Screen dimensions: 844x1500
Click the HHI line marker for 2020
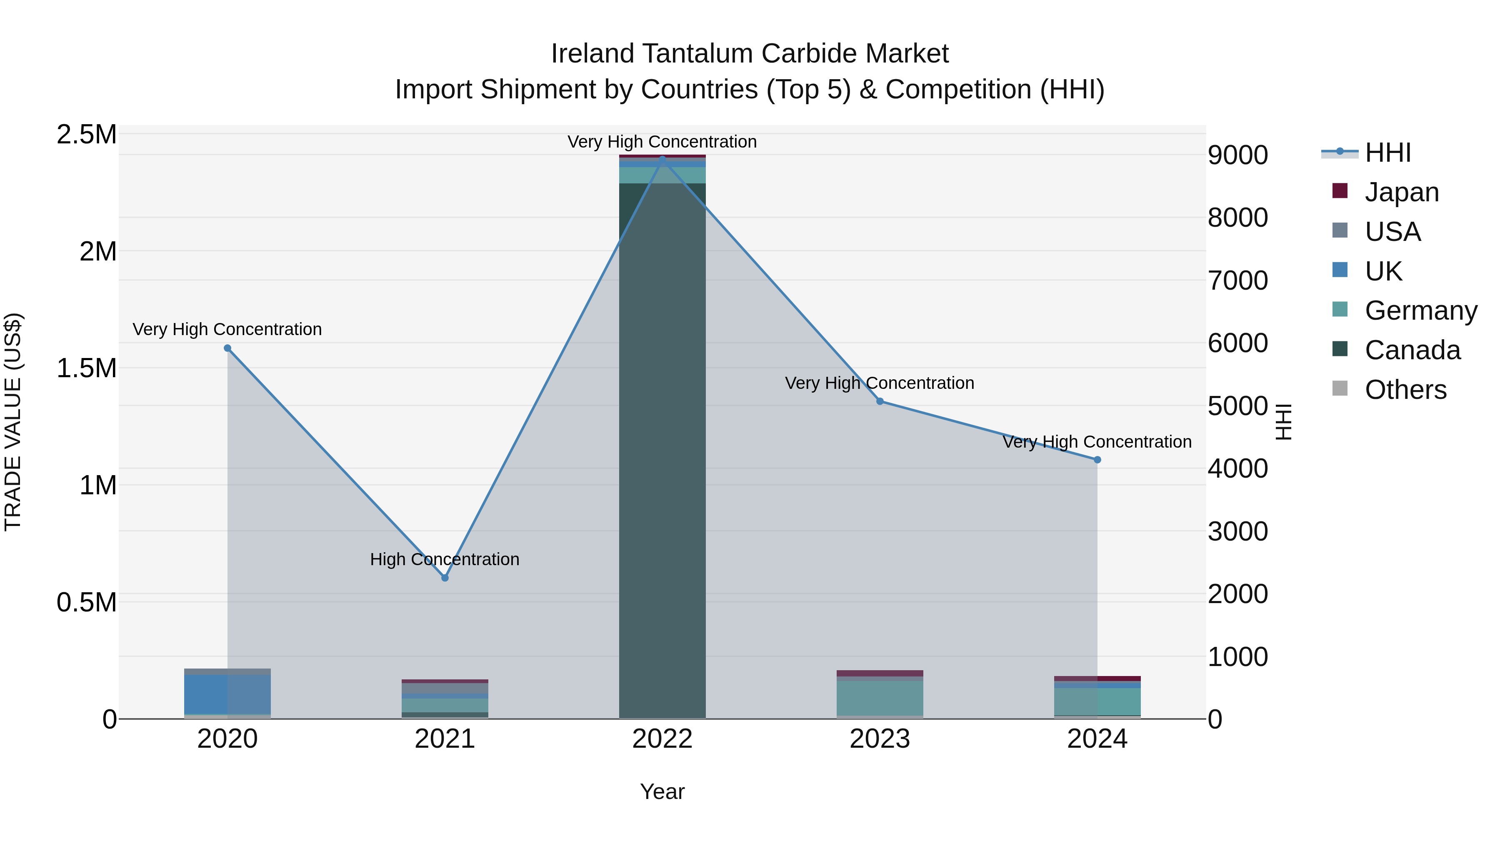click(227, 348)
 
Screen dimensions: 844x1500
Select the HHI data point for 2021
click(445, 578)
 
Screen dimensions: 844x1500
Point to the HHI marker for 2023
click(880, 401)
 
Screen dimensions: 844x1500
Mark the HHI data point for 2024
click(1097, 460)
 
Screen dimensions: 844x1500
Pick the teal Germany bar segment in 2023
click(880, 698)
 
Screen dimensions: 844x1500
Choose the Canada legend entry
click(1412, 350)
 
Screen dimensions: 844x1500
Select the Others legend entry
click(1405, 390)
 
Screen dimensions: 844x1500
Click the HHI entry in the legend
click(1387, 153)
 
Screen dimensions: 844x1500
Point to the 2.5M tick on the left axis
click(87, 135)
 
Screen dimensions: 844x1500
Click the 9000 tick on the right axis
click(1237, 155)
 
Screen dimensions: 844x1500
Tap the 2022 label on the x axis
click(662, 739)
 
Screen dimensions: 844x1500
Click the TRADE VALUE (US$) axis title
click(13, 422)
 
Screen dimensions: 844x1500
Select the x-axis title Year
click(662, 791)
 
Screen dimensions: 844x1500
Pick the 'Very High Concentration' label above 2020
click(227, 329)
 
